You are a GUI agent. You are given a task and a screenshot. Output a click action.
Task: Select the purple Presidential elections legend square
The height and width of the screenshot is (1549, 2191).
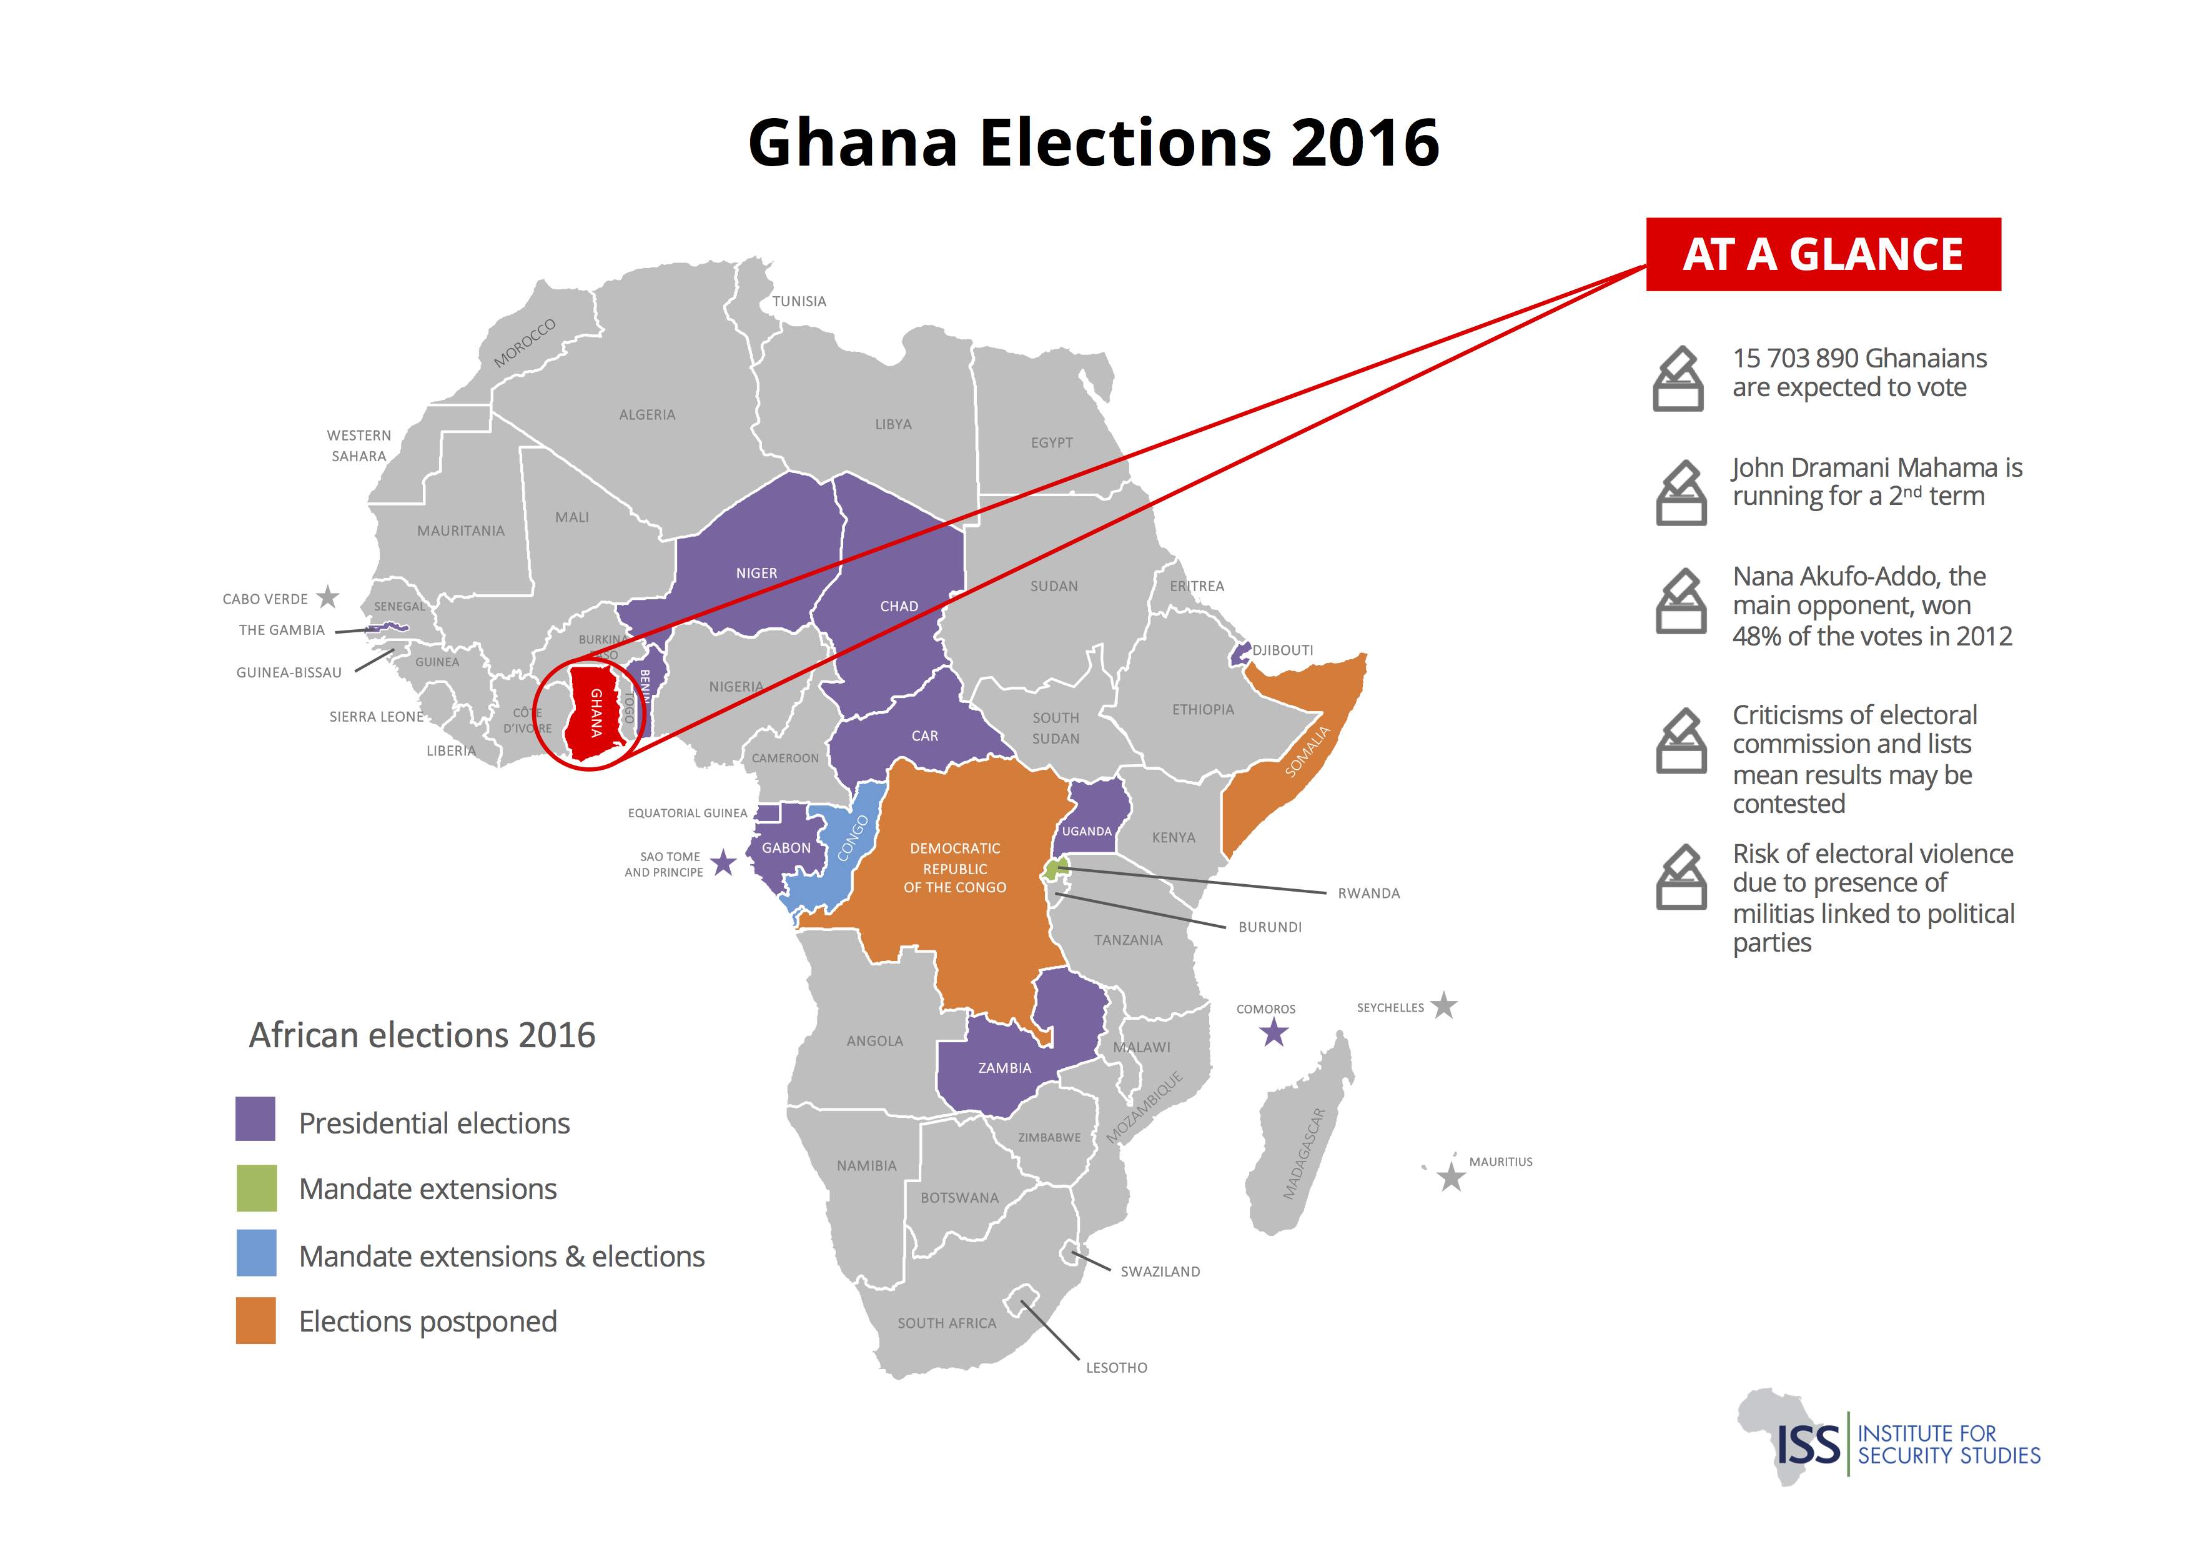[x=255, y=1120]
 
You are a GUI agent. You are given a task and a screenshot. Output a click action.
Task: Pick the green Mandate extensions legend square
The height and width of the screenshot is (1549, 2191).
[x=255, y=1187]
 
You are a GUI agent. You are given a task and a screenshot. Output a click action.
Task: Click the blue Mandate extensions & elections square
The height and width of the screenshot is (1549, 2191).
[x=255, y=1253]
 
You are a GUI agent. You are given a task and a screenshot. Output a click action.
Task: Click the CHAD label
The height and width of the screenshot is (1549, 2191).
[x=899, y=607]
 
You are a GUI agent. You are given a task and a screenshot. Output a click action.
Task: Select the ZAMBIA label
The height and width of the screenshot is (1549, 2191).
[x=1004, y=1068]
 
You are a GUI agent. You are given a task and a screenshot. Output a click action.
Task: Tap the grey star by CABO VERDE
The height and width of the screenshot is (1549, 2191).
[x=329, y=597]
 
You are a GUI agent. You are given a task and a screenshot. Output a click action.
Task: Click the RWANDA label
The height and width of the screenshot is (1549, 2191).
[x=1368, y=894]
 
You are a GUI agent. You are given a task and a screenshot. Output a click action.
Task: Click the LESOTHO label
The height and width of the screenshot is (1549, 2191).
[x=1117, y=1368]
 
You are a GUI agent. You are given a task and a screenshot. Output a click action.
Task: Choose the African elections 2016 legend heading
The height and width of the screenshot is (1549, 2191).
[x=422, y=1035]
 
